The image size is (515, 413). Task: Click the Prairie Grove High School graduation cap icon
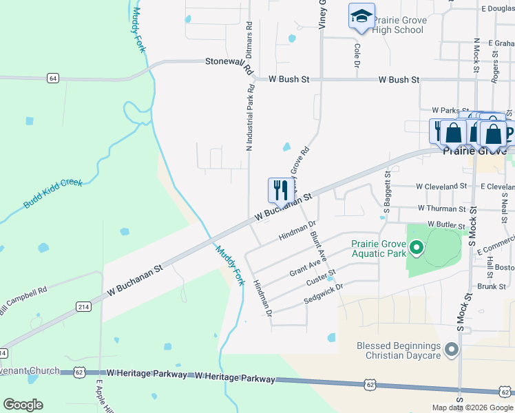coord(361,17)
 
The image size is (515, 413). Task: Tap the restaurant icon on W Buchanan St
coord(280,190)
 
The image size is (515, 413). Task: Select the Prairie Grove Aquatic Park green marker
coord(416,247)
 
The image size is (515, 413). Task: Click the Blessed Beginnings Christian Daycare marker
coord(452,350)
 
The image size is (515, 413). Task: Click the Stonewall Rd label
coord(230,64)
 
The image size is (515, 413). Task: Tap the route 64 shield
coord(53,78)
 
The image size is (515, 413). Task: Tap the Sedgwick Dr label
coord(323,293)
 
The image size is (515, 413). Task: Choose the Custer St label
coord(322,278)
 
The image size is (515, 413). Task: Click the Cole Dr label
coord(357,56)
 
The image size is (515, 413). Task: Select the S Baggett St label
coord(388,193)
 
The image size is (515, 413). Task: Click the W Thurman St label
coord(442,208)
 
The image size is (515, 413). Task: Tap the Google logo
coord(23,405)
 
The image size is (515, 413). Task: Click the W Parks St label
coord(450,110)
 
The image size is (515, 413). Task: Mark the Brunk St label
coord(492,286)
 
